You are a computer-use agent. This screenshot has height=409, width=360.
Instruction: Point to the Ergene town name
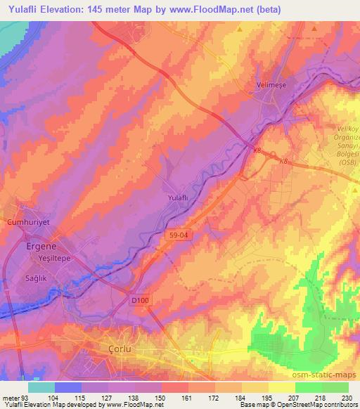41,247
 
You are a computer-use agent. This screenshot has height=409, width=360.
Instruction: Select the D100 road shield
140,300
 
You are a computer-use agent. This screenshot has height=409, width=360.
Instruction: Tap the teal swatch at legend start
40,387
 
